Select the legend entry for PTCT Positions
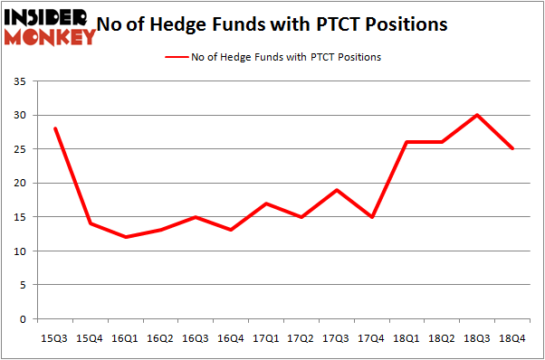pos(272,57)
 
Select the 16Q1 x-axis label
pos(126,338)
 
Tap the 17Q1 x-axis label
pos(266,338)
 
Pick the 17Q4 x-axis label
pos(372,338)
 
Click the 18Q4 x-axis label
pos(512,338)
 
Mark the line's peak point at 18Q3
pos(477,115)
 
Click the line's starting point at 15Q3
pos(56,128)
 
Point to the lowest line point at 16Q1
pos(126,237)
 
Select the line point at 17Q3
pos(337,190)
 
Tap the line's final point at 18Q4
pos(512,149)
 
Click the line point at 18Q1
pos(407,142)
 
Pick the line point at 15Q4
pos(91,223)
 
